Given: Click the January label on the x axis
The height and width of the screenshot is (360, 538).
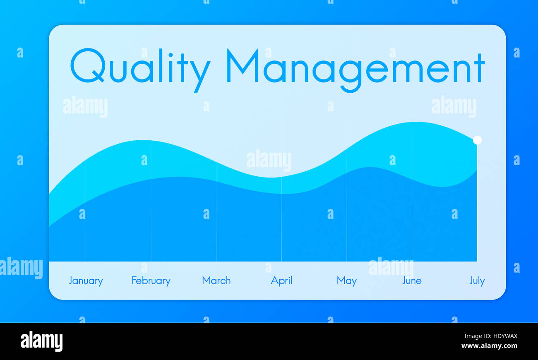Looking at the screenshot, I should click(86, 281).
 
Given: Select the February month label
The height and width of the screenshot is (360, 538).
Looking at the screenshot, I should click(151, 281).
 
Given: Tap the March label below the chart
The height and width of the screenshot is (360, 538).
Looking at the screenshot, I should click(216, 281).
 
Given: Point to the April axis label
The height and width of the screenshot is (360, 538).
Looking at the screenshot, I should click(281, 281).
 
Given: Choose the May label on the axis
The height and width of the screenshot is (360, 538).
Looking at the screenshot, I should click(346, 281).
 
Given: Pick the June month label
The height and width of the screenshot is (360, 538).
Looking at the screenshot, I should click(412, 281).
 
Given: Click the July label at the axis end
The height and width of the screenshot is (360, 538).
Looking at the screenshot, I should click(477, 281).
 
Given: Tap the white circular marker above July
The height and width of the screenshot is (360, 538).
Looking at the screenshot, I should click(477, 140).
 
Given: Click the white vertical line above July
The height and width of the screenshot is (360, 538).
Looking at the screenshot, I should click(477, 203).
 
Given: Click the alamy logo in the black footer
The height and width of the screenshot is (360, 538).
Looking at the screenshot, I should click(41, 341).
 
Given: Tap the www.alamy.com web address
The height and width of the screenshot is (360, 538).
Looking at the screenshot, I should click(489, 346).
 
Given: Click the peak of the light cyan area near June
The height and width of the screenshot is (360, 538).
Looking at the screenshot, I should click(416, 122).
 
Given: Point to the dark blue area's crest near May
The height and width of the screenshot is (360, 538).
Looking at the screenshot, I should click(368, 168).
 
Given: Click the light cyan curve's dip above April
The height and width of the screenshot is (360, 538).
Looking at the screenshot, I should click(271, 177).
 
